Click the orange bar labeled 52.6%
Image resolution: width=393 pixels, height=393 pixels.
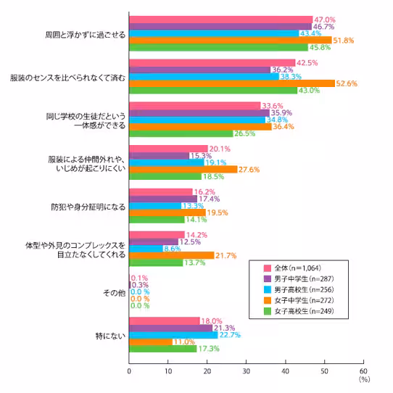(232, 83)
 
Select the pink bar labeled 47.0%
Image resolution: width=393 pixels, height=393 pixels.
(221, 20)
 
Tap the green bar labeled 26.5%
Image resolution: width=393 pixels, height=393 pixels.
(181, 133)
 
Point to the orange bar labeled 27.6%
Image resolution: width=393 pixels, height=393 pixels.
(183, 169)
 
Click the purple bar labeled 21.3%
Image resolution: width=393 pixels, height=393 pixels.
(170, 328)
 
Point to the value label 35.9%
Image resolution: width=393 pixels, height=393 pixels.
(282, 112)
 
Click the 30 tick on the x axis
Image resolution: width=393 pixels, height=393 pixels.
(246, 371)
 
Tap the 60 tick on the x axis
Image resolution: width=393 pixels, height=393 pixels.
(362, 371)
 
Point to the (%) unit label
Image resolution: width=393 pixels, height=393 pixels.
(363, 378)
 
